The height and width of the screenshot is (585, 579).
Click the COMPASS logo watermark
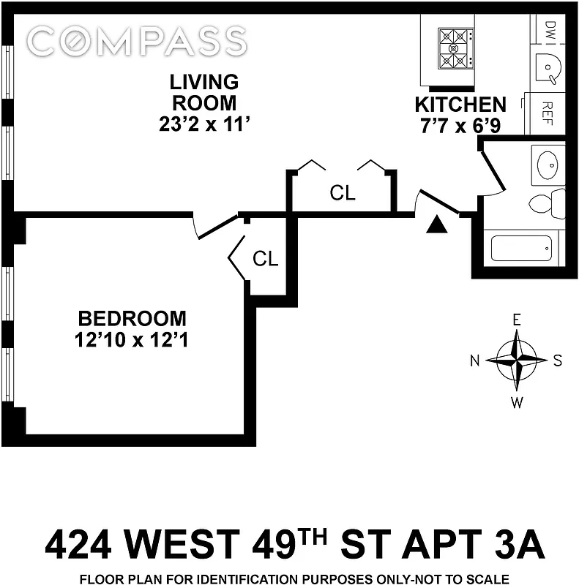pyautogui.click(x=137, y=41)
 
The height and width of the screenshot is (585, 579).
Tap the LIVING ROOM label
pyautogui.click(x=199, y=92)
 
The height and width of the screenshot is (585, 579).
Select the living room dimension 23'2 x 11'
pyautogui.click(x=199, y=124)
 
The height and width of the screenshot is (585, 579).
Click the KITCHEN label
pyautogui.click(x=460, y=105)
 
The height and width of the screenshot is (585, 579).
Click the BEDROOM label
pyautogui.click(x=132, y=319)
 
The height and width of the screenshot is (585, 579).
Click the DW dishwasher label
pyautogui.click(x=550, y=31)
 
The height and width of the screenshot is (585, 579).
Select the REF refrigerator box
pyautogui.click(x=546, y=113)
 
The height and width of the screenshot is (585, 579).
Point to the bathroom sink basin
pyautogui.click(x=547, y=162)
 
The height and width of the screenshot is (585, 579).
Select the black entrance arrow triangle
pyautogui.click(x=437, y=224)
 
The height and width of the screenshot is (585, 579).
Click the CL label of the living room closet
pyautogui.click(x=343, y=194)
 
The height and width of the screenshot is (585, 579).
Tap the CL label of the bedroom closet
pyautogui.click(x=265, y=258)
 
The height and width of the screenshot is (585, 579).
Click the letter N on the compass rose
pyautogui.click(x=474, y=360)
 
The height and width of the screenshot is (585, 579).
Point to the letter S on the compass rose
pyautogui.click(x=558, y=360)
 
